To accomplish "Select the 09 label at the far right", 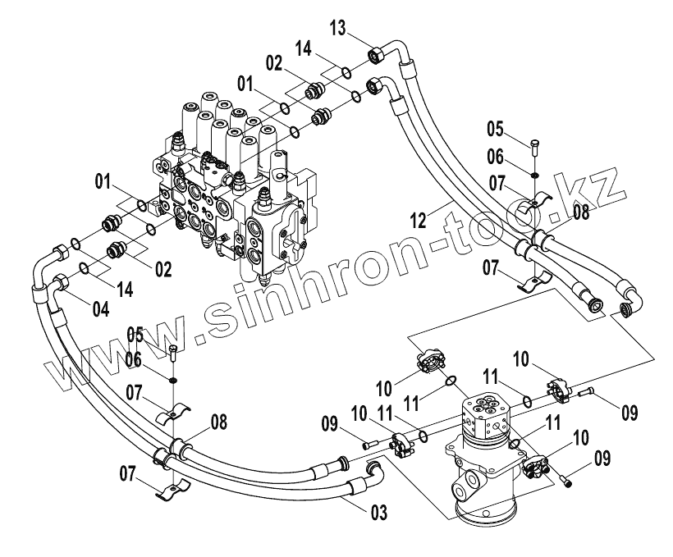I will (x=629, y=411).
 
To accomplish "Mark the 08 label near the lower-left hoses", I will (x=218, y=422).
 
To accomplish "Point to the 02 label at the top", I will (x=274, y=62).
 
